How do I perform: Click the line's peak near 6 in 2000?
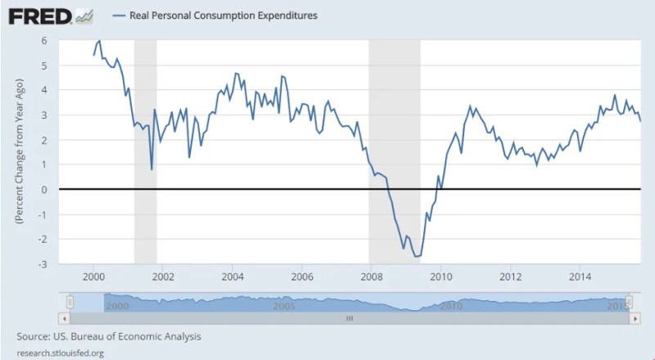click(100, 41)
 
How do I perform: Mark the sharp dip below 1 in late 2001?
click(151, 169)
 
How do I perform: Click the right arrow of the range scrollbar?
click(635, 317)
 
